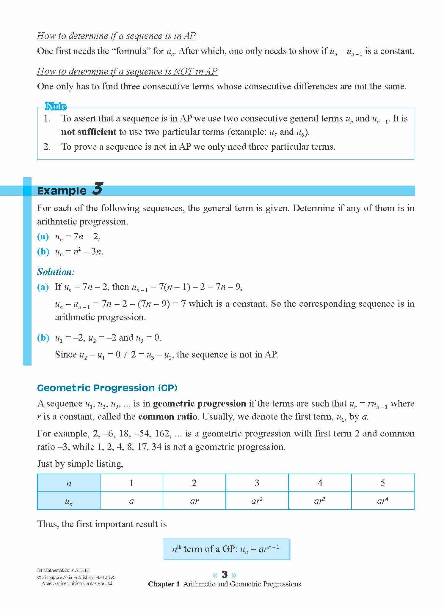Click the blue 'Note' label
pyautogui.click(x=56, y=106)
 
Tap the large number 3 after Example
pyautogui.click(x=97, y=189)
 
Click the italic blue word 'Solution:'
pyautogui.click(x=56, y=272)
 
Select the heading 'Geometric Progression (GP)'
pyautogui.click(x=107, y=388)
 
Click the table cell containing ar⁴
pyautogui.click(x=382, y=501)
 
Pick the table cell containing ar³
pyautogui.click(x=320, y=501)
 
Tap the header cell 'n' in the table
pyautogui.click(x=69, y=483)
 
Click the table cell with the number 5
pyautogui.click(x=383, y=483)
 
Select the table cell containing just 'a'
pyautogui.click(x=131, y=501)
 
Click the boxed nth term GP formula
pyautogui.click(x=226, y=549)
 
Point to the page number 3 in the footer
pyautogui.click(x=225, y=575)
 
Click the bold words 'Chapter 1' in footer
pyautogui.click(x=164, y=584)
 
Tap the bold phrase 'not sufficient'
pyautogui.click(x=89, y=132)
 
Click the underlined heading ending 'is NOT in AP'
pyautogui.click(x=127, y=71)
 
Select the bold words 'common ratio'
pyautogui.click(x=168, y=417)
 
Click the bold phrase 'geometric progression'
pyautogui.click(x=200, y=404)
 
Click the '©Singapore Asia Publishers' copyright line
pyautogui.click(x=76, y=578)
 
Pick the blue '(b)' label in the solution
pyautogui.click(x=43, y=338)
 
